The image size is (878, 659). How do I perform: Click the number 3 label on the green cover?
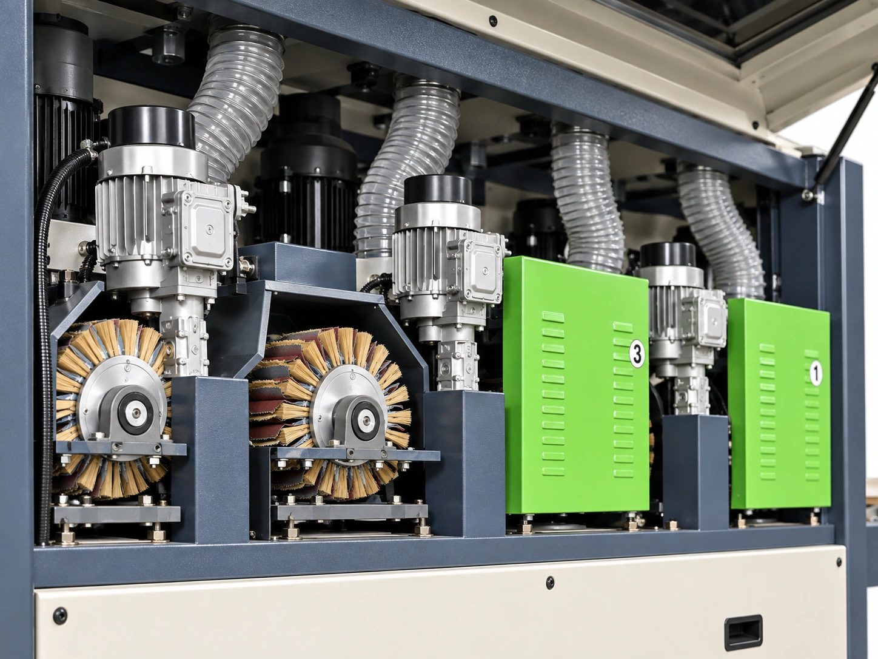637,353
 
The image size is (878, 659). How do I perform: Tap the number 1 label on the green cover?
816,373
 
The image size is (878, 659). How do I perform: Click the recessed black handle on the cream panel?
743,632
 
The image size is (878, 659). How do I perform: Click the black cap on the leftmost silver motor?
151,127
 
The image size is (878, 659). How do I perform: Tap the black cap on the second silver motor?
438,191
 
